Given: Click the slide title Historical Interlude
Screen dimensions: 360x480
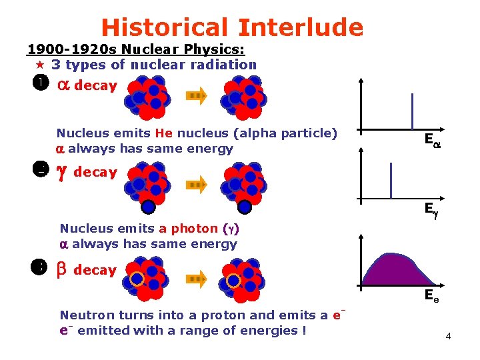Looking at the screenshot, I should coord(232,27).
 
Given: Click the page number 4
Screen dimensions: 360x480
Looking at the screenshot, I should coord(448,336).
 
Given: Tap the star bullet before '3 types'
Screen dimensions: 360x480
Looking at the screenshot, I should coord(39,65).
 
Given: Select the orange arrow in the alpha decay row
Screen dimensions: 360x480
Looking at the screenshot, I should coord(197,95).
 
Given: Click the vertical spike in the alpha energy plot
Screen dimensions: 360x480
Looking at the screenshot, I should coord(412,111).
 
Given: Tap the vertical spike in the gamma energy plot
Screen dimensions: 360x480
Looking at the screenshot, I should coord(390,180).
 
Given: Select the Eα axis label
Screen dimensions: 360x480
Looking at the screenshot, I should coord(431,140).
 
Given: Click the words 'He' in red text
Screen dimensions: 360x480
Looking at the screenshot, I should coord(163,133).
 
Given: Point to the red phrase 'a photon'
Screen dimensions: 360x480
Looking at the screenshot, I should coord(194,229).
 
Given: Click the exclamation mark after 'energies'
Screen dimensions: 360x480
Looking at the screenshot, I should coord(303,331).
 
